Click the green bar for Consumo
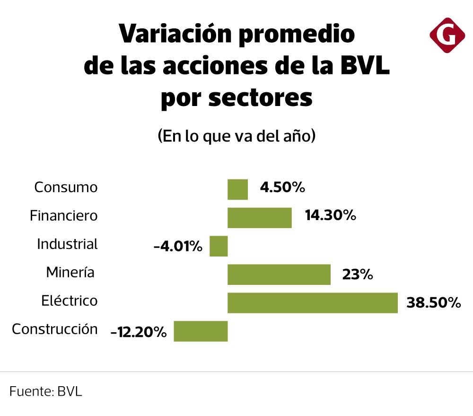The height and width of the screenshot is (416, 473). [x=237, y=189]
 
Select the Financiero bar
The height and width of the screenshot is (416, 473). [x=259, y=218]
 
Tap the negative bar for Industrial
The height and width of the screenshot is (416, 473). [x=219, y=246]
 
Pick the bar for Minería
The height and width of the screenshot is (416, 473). [x=279, y=274]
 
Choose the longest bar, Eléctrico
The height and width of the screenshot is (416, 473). [x=312, y=303]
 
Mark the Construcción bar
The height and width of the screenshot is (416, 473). [x=201, y=331]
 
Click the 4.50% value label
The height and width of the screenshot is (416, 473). [x=282, y=188]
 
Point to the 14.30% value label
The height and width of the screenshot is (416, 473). [x=330, y=216]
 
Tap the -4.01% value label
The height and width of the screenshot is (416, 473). [x=178, y=247]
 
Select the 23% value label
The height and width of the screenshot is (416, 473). [x=358, y=274]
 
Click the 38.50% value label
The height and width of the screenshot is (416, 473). [x=433, y=303]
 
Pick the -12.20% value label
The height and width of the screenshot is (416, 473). [x=138, y=332]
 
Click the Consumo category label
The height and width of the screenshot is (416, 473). [x=66, y=187]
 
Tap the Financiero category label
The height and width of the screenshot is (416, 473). [x=63, y=216]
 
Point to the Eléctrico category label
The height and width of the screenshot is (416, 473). [x=69, y=301]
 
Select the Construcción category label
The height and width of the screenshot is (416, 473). [x=55, y=329]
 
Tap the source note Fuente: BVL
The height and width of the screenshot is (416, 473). [x=45, y=392]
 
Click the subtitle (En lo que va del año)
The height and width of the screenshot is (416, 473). [x=236, y=136]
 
